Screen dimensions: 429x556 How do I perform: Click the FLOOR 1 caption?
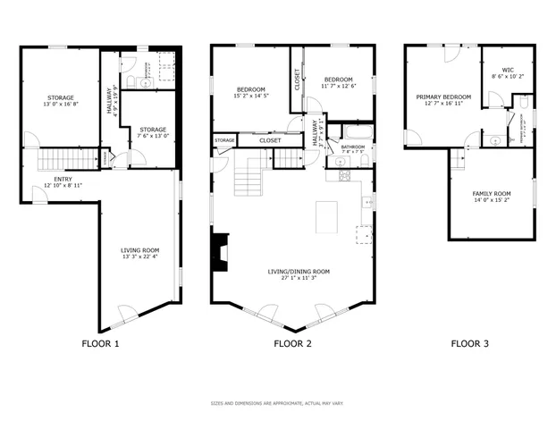pyautogui.click(x=99, y=343)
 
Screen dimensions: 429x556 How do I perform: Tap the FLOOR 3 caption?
pyautogui.click(x=469, y=343)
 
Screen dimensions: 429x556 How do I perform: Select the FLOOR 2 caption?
pyautogui.click(x=292, y=343)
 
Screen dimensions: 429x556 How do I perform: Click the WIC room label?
pyautogui.click(x=508, y=70)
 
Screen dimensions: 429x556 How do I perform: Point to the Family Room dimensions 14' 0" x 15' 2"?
pyautogui.click(x=492, y=200)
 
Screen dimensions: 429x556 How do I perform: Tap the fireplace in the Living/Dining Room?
pyautogui.click(x=218, y=251)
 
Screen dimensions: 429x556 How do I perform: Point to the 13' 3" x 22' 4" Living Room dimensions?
pyautogui.click(x=140, y=257)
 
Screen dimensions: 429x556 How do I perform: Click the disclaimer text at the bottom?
pyautogui.click(x=277, y=403)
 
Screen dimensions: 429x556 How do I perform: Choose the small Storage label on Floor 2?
pyautogui.click(x=224, y=140)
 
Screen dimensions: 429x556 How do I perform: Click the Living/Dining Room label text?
pyautogui.click(x=299, y=271)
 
